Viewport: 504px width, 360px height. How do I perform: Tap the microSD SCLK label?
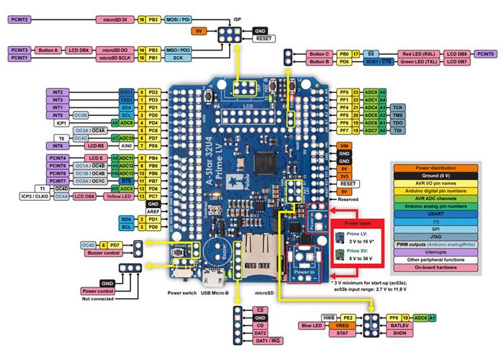(114, 57)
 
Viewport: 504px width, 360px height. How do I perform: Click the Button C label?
(319, 54)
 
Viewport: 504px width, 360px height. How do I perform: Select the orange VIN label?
(344, 145)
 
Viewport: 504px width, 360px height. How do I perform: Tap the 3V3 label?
(344, 176)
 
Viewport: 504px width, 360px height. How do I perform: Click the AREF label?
(152, 211)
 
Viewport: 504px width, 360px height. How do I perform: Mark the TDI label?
(397, 131)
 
